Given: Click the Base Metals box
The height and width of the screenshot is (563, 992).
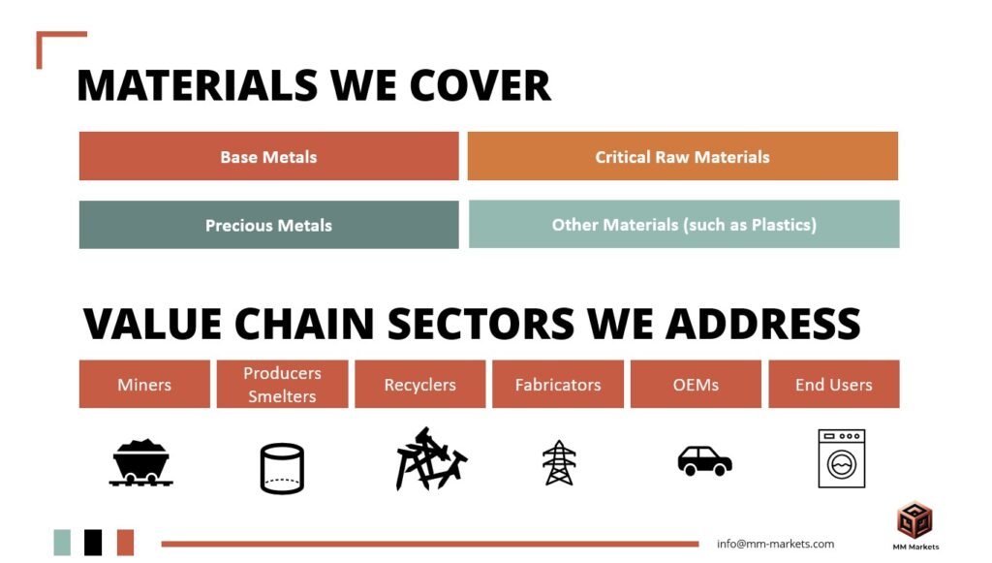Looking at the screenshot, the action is tap(269, 156).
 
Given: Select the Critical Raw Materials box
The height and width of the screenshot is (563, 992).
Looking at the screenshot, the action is tap(683, 156).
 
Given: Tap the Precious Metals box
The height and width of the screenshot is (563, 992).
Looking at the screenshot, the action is tap(269, 225).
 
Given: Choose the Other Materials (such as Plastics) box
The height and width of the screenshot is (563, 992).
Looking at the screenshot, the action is tap(684, 224).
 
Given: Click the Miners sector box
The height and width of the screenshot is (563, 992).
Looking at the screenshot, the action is tap(144, 384).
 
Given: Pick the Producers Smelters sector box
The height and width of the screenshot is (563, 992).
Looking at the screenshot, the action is tap(282, 384).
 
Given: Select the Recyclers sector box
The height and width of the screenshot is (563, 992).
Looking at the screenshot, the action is tap(420, 384).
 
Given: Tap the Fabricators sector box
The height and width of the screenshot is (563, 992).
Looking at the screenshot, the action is tap(558, 384).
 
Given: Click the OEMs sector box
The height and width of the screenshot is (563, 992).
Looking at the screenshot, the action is tap(696, 384).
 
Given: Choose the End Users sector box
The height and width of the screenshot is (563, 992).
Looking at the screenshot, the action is tap(834, 384).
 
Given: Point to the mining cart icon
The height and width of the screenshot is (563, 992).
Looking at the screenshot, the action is tap(140, 462).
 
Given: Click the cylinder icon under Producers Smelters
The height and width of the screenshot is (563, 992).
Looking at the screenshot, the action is tap(282, 469).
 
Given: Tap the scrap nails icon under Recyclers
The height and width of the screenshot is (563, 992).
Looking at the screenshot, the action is tap(431, 459).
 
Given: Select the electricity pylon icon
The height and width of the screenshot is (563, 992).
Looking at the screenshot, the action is tap(559, 462).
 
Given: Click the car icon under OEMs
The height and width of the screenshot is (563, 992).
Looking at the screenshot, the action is tap(705, 460).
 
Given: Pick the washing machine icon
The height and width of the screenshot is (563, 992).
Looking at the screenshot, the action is tap(842, 458).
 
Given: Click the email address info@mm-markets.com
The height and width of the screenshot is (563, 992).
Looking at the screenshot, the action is tap(776, 544).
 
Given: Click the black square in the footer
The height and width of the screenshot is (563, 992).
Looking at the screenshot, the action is tap(93, 543).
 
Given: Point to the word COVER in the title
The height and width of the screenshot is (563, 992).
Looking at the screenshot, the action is tap(480, 85).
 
